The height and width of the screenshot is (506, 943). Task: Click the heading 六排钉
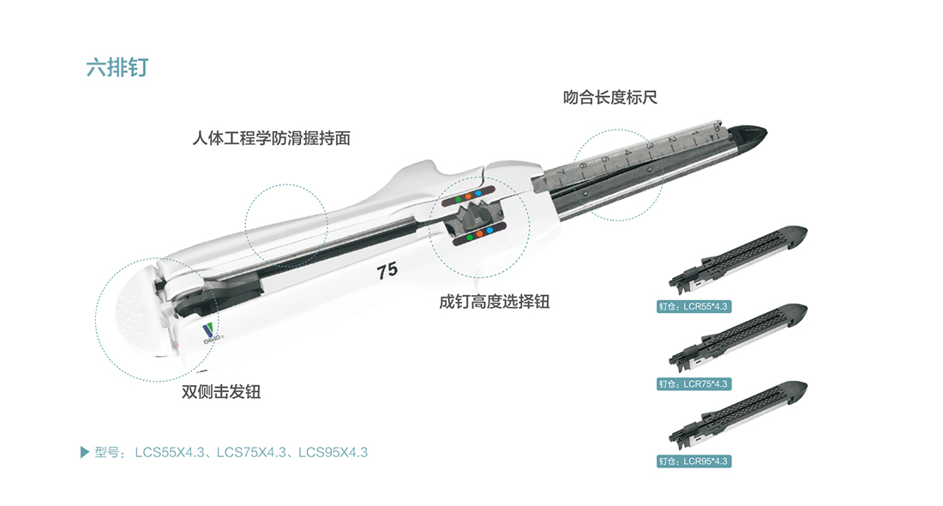point(117,68)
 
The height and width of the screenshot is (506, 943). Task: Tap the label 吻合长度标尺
point(610,98)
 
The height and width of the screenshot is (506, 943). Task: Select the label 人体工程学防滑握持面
point(271,138)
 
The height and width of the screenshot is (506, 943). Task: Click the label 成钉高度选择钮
point(495,301)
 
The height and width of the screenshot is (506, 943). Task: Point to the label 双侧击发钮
point(221,392)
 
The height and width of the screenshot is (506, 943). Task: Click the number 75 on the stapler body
point(387,271)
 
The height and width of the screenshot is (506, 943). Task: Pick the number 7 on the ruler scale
point(561,172)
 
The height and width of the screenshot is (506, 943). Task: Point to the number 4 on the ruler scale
point(627,154)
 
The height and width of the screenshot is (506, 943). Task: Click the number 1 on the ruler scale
point(694,133)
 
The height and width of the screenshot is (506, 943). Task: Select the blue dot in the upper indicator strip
point(478,194)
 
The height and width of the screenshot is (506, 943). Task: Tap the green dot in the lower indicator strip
point(470,238)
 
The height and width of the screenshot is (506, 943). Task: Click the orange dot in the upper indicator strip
point(468,196)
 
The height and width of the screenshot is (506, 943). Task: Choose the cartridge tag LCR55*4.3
point(694,307)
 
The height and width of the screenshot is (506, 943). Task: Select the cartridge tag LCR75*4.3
point(694,384)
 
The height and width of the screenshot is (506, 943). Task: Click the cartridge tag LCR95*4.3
point(694,461)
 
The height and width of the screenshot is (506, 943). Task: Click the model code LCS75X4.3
point(251,453)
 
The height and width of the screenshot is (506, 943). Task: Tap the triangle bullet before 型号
point(85,453)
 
